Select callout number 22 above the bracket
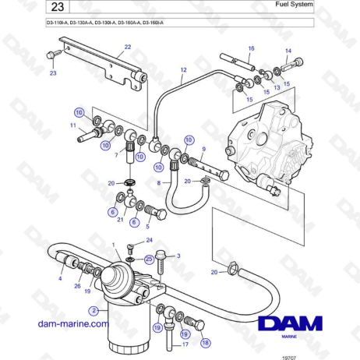tap(127, 47)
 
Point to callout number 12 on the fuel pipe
tap(183, 70)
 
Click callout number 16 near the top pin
tap(251, 48)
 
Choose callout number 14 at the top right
tap(288, 52)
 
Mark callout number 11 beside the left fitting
tap(72, 125)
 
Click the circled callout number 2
tap(94, 311)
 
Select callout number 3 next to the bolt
tap(178, 256)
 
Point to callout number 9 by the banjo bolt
tap(203, 150)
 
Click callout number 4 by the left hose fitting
tap(60, 278)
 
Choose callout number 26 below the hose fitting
tap(77, 286)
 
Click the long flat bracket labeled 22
tap(101, 63)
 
